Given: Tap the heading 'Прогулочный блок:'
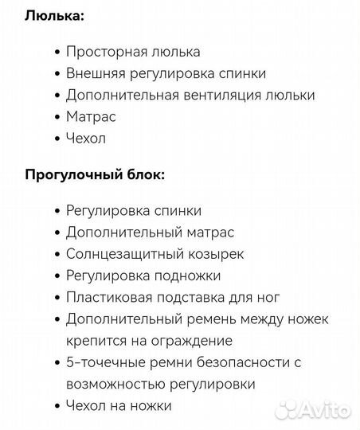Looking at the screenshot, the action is point(96,174).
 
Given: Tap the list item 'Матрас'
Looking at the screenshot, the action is point(91,116).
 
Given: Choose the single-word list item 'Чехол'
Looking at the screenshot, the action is point(87,138).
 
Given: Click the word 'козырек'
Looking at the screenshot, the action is point(211,254).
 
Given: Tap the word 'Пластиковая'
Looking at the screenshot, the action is point(108,297).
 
